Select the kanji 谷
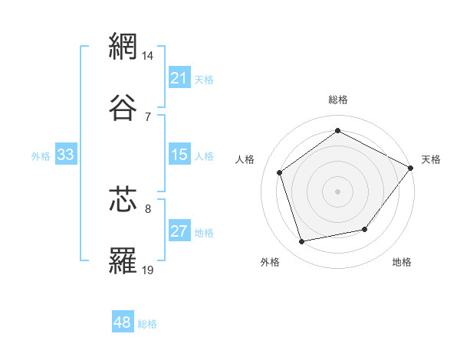124,107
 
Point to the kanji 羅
124,260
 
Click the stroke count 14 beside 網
149,56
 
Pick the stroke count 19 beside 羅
149,270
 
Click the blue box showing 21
179,78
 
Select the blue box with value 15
179,155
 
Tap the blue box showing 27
179,232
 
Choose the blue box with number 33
66,155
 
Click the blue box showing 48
123,322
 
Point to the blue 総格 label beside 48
147,324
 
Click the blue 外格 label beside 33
41,156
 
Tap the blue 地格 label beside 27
204,233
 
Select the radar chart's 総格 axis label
337,100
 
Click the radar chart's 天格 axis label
431,159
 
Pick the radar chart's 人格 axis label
245,159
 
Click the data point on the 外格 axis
302,242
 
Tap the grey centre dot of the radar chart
337,191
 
